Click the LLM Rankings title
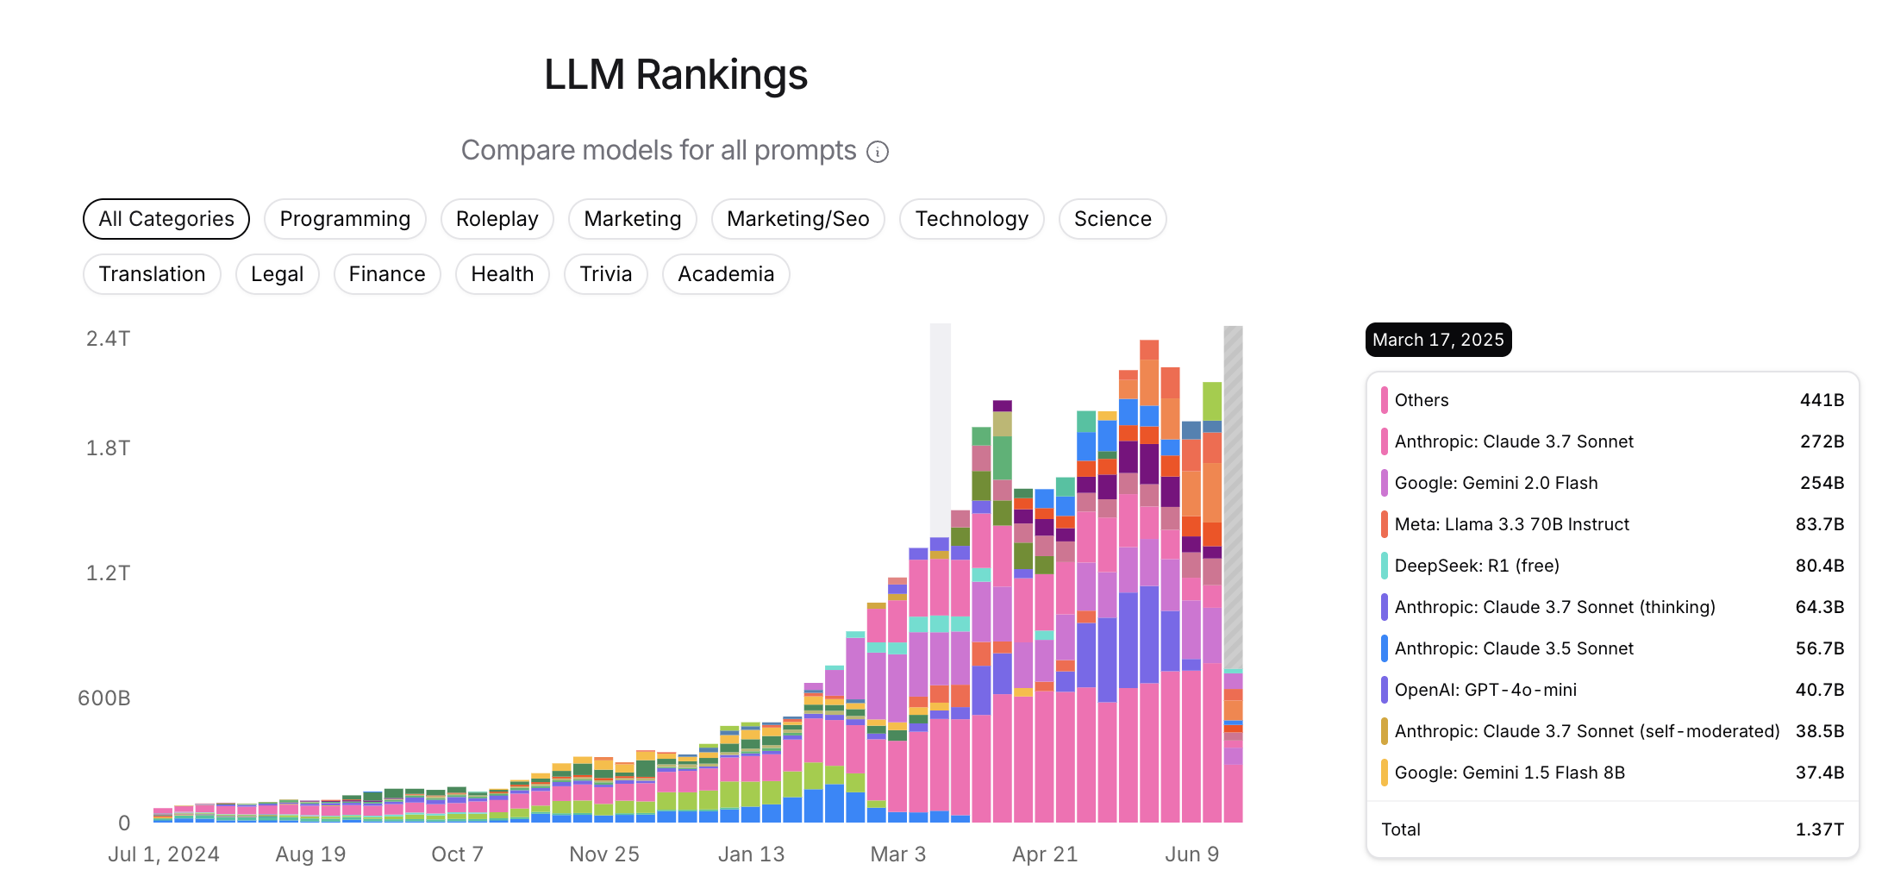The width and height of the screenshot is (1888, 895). [675, 75]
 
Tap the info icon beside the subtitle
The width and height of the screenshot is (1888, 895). [877, 153]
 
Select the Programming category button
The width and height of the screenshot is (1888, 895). [345, 219]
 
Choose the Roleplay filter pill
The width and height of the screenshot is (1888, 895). [497, 219]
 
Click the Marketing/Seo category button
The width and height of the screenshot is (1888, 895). [797, 219]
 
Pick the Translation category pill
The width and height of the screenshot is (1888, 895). [152, 274]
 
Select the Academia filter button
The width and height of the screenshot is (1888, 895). [725, 274]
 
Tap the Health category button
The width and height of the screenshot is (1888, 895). [502, 274]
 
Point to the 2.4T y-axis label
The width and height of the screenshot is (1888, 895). [109, 339]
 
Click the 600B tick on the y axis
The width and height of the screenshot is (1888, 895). [104, 698]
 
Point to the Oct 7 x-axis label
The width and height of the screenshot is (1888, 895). [457, 854]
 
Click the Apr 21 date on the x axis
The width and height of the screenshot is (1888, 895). [1045, 854]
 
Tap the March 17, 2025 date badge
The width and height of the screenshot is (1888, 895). [1438, 340]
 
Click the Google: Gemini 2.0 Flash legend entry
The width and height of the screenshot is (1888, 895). [1496, 483]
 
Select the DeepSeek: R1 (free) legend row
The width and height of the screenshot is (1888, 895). [1477, 566]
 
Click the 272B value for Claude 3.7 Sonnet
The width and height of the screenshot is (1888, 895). [1822, 441]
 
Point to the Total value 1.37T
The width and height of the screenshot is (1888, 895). [1819, 829]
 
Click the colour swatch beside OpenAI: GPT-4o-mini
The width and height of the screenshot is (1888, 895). [1384, 690]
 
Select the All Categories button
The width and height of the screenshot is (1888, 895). [166, 219]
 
